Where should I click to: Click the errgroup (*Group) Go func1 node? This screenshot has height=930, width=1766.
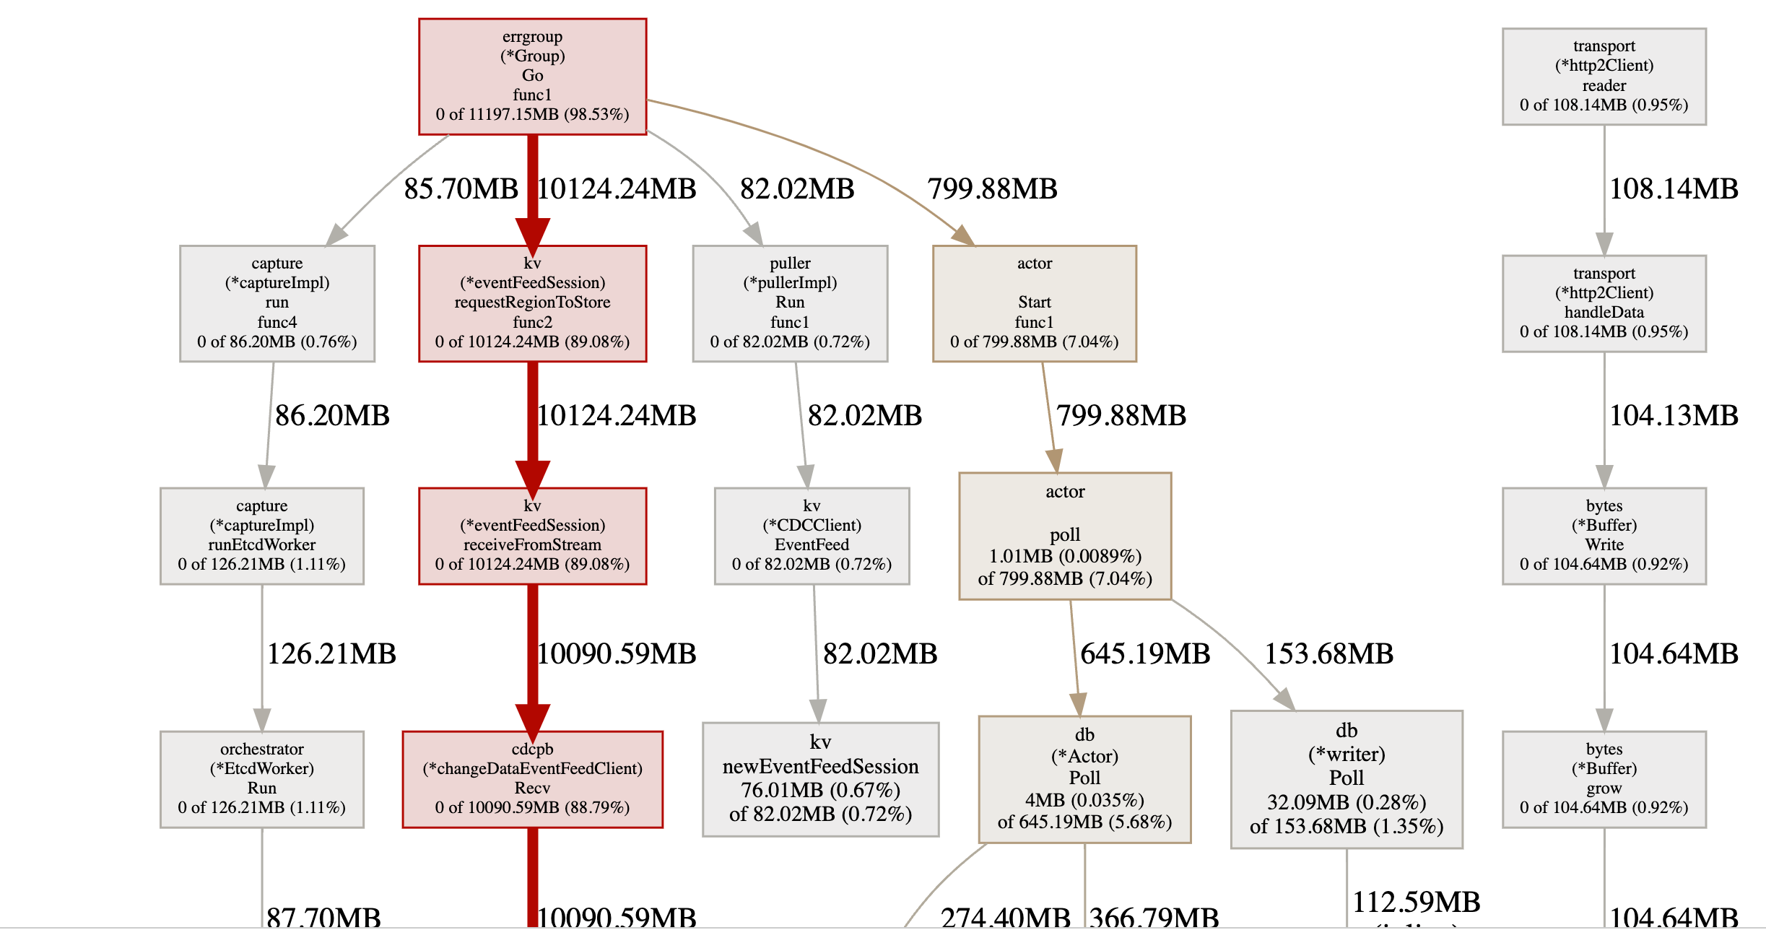point(532,76)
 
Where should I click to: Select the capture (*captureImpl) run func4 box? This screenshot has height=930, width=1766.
point(277,303)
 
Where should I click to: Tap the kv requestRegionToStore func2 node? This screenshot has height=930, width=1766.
point(532,303)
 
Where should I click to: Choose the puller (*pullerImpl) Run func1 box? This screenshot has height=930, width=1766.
point(790,303)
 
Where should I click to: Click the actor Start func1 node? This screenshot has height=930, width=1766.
point(1034,303)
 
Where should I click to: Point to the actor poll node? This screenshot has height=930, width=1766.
point(1065,536)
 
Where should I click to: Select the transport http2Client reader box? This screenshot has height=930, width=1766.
point(1604,77)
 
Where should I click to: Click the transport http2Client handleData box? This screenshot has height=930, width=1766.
point(1604,303)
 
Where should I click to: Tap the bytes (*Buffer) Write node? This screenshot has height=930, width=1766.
point(1604,536)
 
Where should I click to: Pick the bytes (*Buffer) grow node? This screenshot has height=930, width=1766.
point(1604,779)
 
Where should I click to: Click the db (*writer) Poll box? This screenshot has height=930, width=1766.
point(1346,779)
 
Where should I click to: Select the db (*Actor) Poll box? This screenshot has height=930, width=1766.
point(1084,779)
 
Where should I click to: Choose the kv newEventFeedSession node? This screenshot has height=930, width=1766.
point(820,779)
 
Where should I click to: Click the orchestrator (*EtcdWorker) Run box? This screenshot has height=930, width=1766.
point(261,779)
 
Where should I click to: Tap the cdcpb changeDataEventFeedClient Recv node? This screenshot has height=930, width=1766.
point(532,779)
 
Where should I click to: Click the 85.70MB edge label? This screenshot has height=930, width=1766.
point(461,189)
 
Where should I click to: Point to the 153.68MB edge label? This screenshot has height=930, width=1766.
point(1328,654)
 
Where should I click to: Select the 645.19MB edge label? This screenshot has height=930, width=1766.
point(1145,654)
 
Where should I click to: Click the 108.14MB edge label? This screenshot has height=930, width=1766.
point(1674,189)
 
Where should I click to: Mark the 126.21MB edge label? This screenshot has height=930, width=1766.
point(331,654)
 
